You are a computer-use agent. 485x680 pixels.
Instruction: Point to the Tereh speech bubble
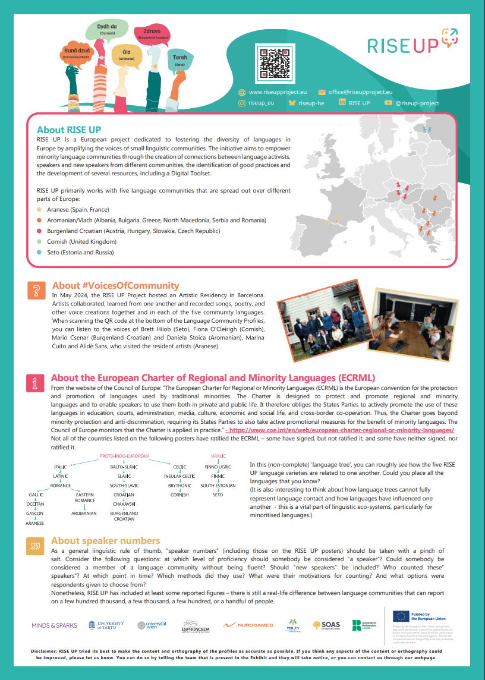coord(179,59)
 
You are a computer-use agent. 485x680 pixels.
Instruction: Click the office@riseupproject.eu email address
coord(360,92)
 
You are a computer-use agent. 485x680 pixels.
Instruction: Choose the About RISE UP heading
coord(69,130)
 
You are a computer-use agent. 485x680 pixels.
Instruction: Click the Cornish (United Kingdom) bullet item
coord(81,242)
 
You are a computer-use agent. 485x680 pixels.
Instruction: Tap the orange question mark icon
coord(36,290)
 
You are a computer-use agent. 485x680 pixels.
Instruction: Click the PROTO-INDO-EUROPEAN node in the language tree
coord(124,457)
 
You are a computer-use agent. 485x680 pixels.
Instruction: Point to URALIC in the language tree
coord(218,457)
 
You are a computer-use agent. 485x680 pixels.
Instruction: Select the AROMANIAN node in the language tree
coord(84,512)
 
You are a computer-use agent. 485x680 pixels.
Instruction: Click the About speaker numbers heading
coord(105,541)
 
